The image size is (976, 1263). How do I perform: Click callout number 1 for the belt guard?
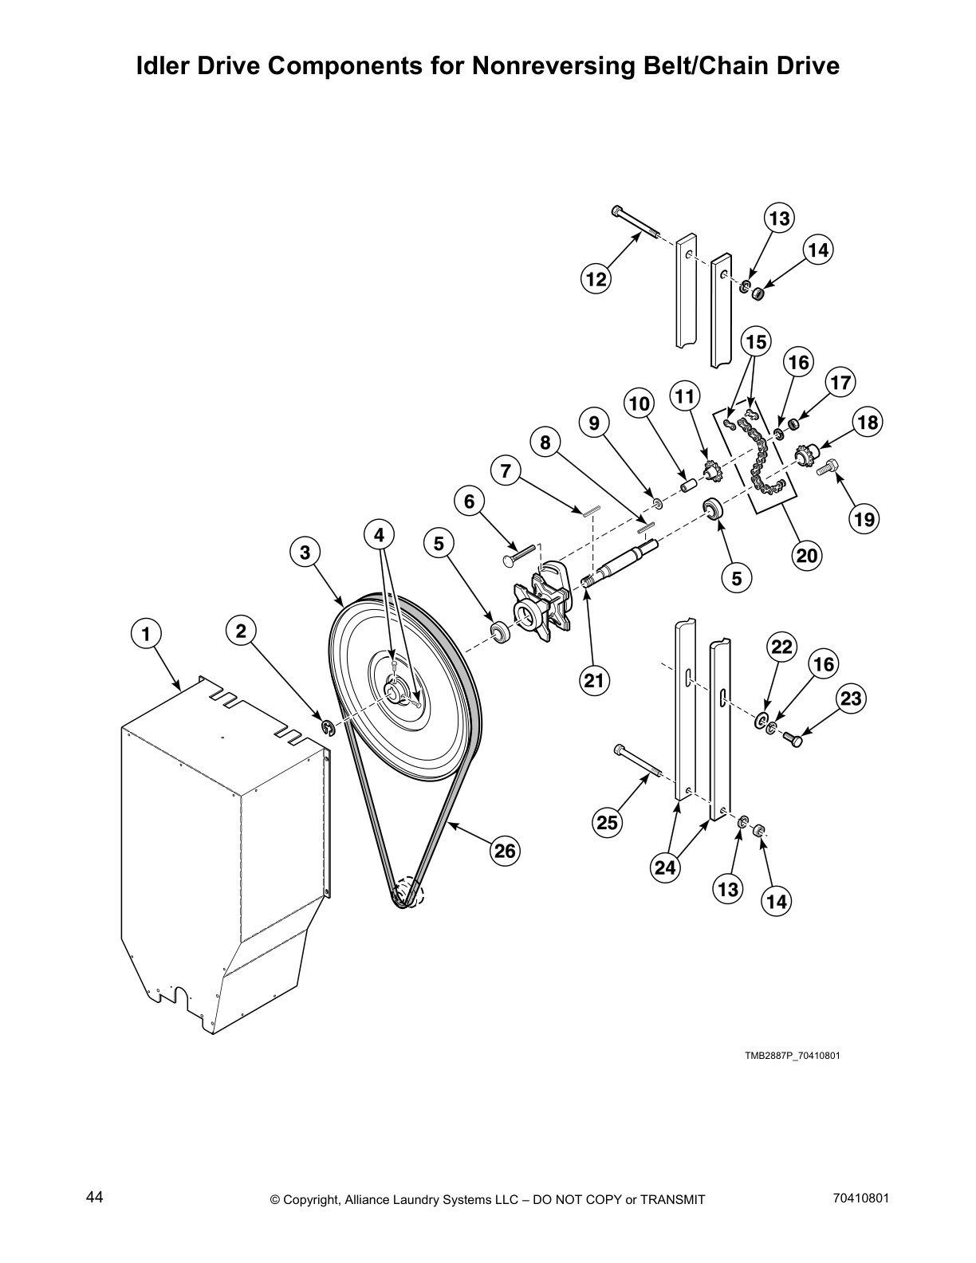click(145, 635)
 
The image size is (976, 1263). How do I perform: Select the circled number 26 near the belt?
click(505, 851)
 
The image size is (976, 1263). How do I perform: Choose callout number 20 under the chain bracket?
click(807, 554)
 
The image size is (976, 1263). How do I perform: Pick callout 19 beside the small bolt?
click(864, 520)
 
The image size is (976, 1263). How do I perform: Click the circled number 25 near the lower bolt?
click(608, 821)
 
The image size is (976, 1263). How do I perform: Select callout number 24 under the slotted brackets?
click(666, 867)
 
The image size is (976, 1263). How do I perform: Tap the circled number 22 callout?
click(781, 647)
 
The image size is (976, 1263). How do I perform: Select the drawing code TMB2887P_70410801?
click(792, 1056)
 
